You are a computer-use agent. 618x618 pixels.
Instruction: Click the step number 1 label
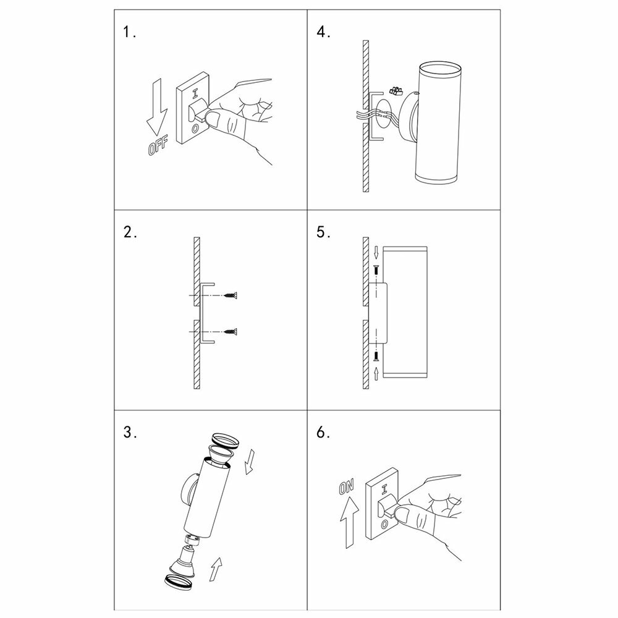129,32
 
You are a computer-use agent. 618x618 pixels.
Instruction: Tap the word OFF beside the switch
158,145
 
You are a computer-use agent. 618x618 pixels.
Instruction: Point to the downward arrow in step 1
157,107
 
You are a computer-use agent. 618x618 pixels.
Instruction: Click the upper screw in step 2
232,295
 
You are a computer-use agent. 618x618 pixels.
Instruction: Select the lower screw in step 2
232,332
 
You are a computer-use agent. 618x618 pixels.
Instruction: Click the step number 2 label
130,232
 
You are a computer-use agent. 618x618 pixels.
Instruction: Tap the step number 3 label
130,433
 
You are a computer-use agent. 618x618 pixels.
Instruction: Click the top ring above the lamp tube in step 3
226,440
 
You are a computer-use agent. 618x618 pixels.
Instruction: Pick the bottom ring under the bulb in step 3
178,582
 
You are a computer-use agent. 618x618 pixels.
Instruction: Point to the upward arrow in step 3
215,569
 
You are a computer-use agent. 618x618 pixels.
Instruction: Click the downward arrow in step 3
249,462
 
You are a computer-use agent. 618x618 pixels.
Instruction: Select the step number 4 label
323,32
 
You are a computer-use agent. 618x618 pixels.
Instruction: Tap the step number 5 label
323,232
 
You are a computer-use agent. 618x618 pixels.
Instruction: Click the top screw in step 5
376,271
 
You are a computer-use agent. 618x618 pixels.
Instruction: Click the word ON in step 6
347,487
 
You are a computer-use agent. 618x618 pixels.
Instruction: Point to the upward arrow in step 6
349,522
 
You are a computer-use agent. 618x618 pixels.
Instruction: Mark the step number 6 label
323,433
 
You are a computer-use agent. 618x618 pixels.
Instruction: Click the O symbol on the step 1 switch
195,129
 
